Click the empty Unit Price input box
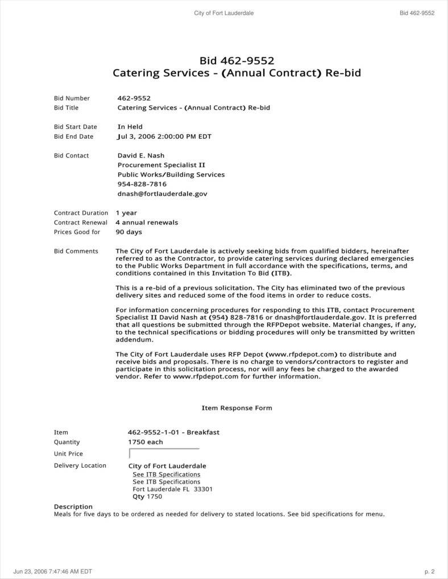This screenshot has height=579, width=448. (x=164, y=453)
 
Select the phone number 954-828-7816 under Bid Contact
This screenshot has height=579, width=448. (x=142, y=184)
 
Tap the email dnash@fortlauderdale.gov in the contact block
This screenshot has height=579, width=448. (x=162, y=194)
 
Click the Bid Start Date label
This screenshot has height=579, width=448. (x=76, y=127)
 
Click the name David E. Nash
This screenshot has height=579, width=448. (x=142, y=156)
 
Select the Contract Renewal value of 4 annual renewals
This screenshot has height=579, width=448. (x=147, y=223)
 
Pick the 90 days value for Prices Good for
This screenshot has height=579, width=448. (x=128, y=232)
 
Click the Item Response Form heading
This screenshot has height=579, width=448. (x=237, y=408)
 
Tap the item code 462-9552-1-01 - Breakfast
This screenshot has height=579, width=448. (x=173, y=432)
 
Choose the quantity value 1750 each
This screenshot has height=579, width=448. (x=146, y=442)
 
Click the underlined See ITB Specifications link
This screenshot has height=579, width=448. (x=167, y=474)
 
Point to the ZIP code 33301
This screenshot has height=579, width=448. (x=203, y=489)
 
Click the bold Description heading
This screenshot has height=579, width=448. (x=73, y=507)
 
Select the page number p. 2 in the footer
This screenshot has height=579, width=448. (x=429, y=572)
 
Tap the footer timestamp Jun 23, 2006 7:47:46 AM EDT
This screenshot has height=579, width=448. (x=52, y=572)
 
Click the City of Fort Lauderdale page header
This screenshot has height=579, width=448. (x=224, y=13)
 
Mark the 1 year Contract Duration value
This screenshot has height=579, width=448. (x=126, y=213)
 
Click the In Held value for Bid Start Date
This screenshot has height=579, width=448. (x=130, y=127)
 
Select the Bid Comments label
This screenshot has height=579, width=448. (x=76, y=251)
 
